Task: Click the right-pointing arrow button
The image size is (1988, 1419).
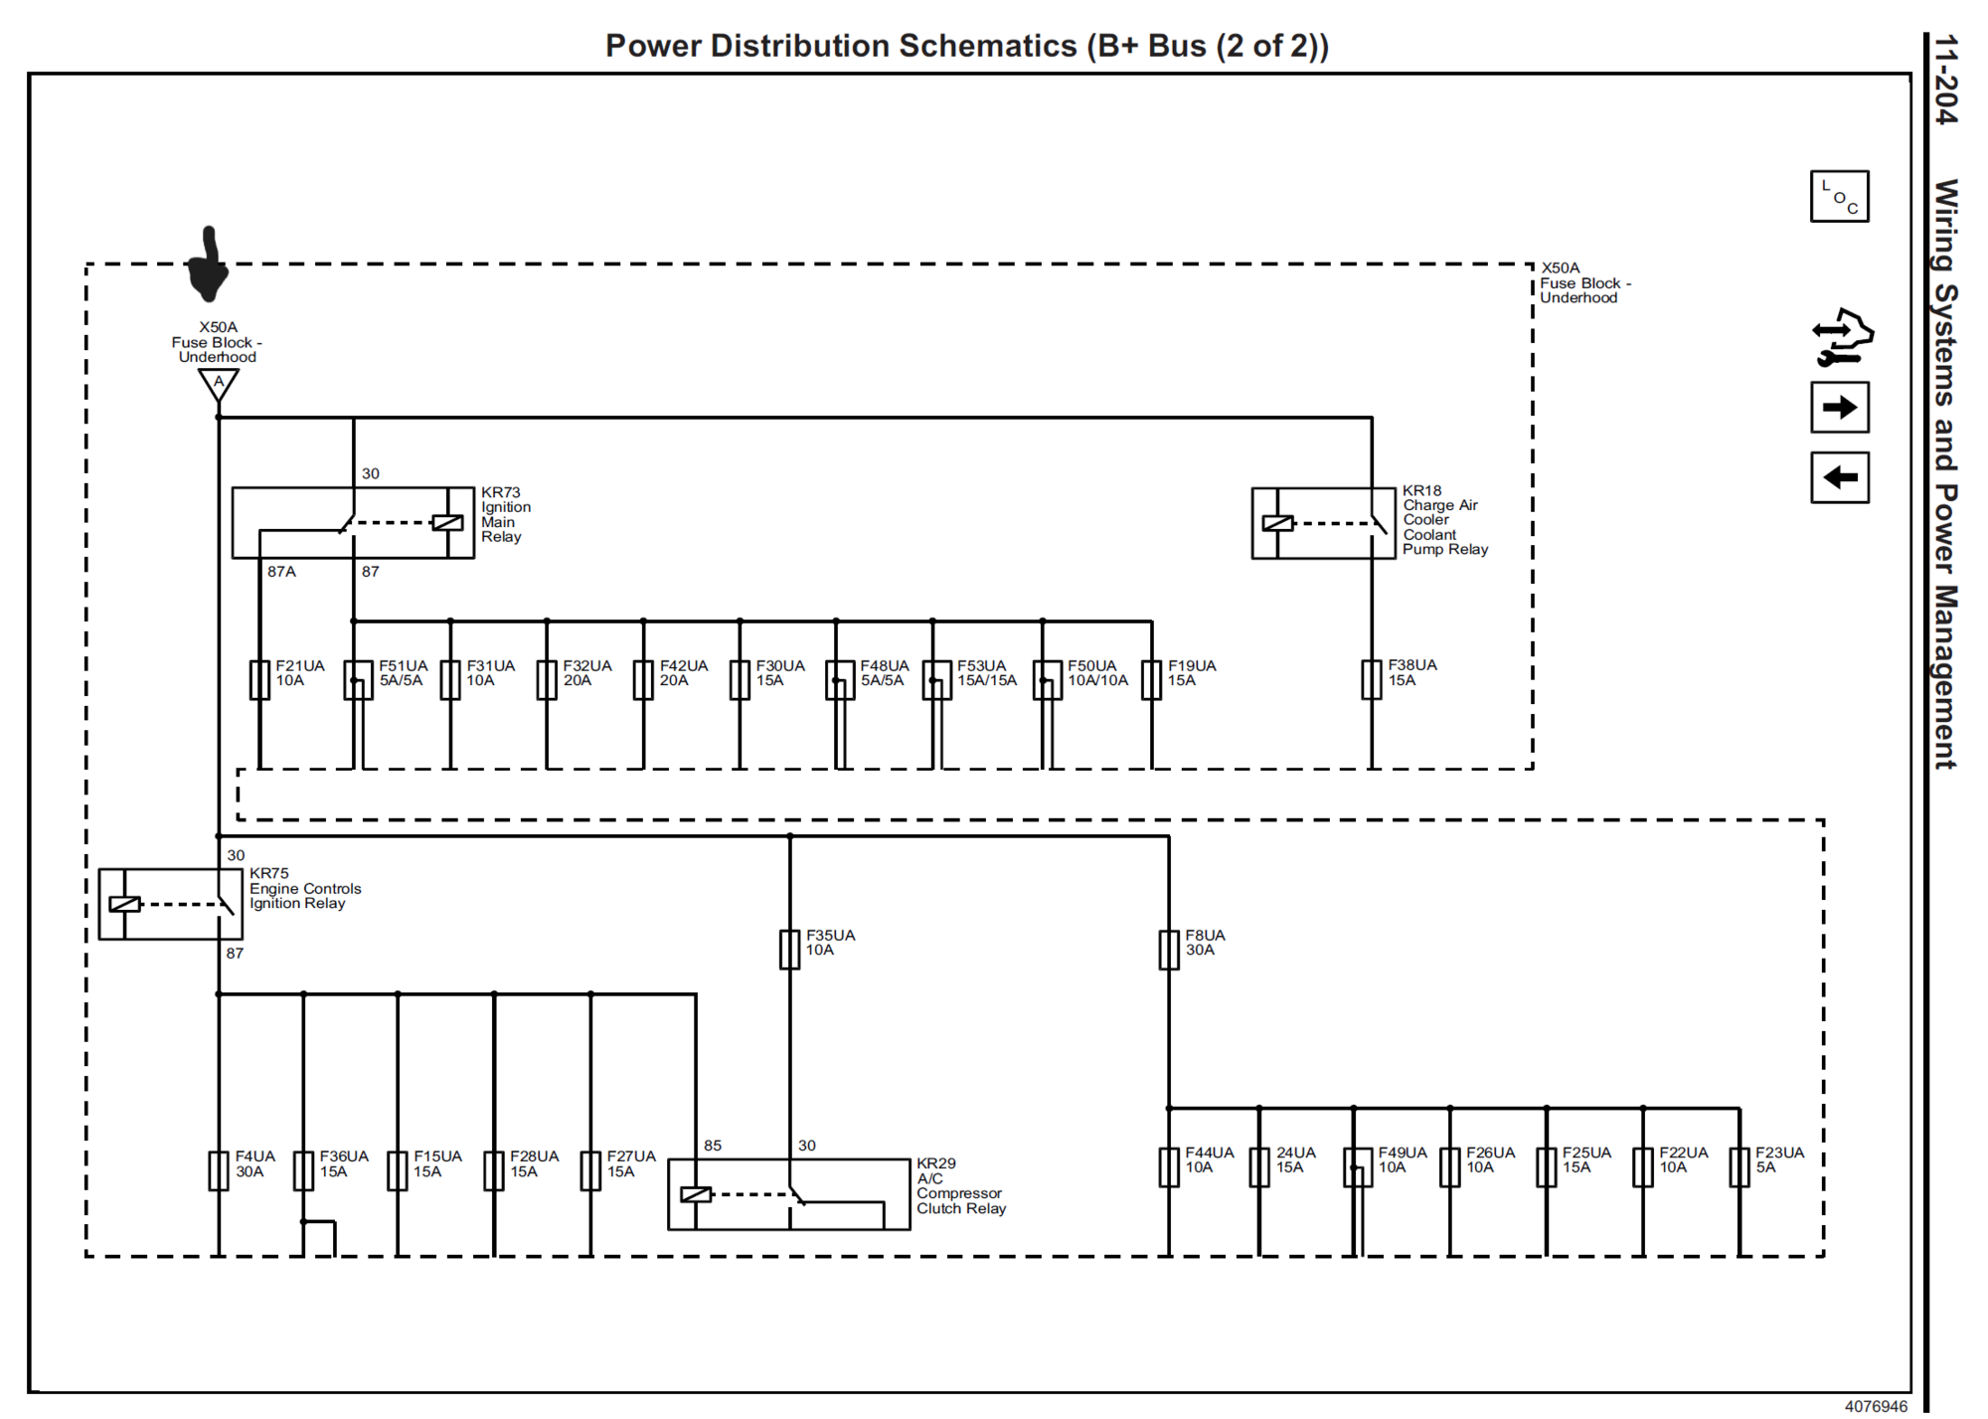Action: [x=1839, y=407]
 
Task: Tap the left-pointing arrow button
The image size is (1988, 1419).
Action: [x=1839, y=477]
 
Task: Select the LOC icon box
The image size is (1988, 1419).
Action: [x=1839, y=196]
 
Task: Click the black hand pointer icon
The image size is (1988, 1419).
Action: [x=208, y=264]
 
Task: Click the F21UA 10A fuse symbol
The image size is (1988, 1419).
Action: [x=259, y=680]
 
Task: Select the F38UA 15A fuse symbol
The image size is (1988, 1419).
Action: [x=1372, y=680]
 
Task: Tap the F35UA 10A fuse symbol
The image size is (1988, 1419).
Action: [x=789, y=950]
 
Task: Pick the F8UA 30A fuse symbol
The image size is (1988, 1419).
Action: [x=1169, y=950]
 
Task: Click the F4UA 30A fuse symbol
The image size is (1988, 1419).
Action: [x=219, y=1171]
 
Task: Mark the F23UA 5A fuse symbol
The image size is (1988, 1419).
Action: [x=1739, y=1167]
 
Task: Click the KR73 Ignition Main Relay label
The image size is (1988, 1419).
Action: [x=506, y=514]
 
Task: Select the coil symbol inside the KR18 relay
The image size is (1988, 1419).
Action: [x=1277, y=523]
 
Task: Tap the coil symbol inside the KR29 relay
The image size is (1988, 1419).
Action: [x=696, y=1194]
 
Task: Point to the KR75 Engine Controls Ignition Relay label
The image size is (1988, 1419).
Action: [x=305, y=888]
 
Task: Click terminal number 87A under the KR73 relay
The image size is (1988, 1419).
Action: [x=281, y=572]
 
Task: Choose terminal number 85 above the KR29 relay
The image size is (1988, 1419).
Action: [x=713, y=1146]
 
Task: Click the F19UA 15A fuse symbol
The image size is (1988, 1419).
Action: [x=1152, y=680]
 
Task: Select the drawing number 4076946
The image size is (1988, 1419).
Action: [x=1877, y=1406]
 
